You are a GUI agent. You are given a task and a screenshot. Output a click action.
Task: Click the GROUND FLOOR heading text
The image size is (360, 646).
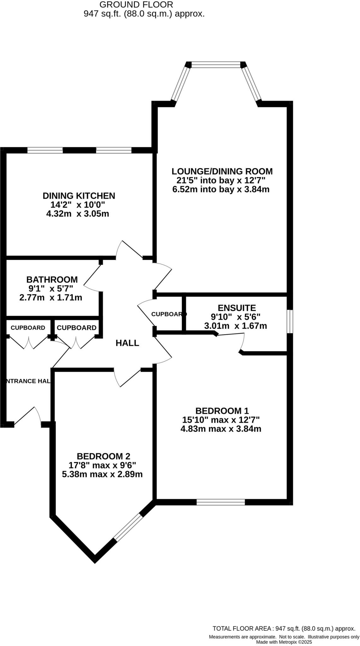coord(136,5)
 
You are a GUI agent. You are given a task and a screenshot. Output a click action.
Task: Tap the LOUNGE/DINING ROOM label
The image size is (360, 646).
coord(222,172)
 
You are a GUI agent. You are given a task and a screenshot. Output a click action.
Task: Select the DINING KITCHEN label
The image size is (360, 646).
coord(79,196)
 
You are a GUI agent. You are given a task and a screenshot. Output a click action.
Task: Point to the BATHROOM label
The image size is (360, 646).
coord(52,280)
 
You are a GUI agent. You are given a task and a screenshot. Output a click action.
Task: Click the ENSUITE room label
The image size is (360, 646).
coord(237,308)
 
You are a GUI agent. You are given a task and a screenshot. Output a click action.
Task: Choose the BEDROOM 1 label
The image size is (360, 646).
coord(222,411)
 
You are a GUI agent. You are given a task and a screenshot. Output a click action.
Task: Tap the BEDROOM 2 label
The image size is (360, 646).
coord(103,456)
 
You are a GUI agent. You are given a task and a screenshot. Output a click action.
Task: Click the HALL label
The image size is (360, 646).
coord(127,343)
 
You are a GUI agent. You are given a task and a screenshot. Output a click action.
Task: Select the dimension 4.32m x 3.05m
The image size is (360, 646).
coord(78,214)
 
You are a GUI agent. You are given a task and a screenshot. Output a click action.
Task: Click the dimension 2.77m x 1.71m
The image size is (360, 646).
coord(51,298)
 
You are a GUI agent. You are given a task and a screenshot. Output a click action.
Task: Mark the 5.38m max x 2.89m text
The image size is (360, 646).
coord(102,474)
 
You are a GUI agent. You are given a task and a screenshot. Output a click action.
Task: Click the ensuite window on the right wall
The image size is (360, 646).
coord(290,321)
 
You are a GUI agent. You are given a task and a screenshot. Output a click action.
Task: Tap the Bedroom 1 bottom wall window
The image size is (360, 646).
coord(221,502)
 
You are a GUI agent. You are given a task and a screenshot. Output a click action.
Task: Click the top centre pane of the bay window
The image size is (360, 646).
coord(216,65)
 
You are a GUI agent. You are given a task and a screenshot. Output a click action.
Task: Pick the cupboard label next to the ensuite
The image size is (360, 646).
coord(168,314)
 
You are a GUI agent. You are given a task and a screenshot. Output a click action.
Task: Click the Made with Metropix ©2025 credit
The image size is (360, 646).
coord(284,642)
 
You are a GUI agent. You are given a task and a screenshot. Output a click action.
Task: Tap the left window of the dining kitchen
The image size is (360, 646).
coord(45,150)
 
